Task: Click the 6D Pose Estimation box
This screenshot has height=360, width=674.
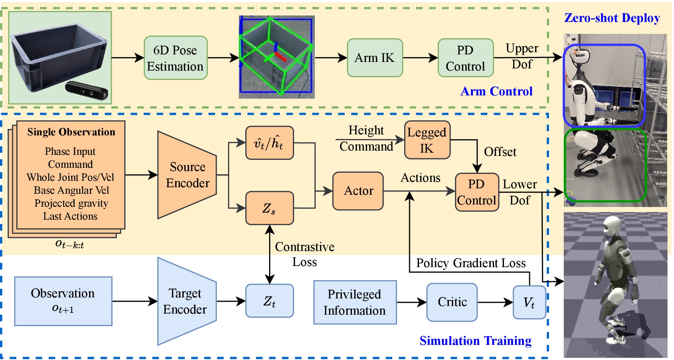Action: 175,58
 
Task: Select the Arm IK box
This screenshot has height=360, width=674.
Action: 375,58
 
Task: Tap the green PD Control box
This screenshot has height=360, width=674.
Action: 465,58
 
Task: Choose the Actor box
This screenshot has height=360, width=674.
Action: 358,191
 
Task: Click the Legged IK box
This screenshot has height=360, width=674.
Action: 427,140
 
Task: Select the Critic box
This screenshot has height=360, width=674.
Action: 452,302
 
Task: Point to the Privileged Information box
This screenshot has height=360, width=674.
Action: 355,302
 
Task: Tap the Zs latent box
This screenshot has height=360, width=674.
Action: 269,208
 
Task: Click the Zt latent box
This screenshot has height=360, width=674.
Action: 269,301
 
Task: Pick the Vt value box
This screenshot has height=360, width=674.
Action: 529,302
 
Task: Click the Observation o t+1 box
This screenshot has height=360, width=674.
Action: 63,301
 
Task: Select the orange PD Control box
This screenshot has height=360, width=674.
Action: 477,192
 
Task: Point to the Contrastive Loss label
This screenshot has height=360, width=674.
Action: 304,254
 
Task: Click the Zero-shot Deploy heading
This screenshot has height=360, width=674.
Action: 612,18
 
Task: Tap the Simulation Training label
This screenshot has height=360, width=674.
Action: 475,341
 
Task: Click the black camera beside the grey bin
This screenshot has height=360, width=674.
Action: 87,90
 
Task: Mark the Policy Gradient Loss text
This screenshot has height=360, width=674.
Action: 470,263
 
